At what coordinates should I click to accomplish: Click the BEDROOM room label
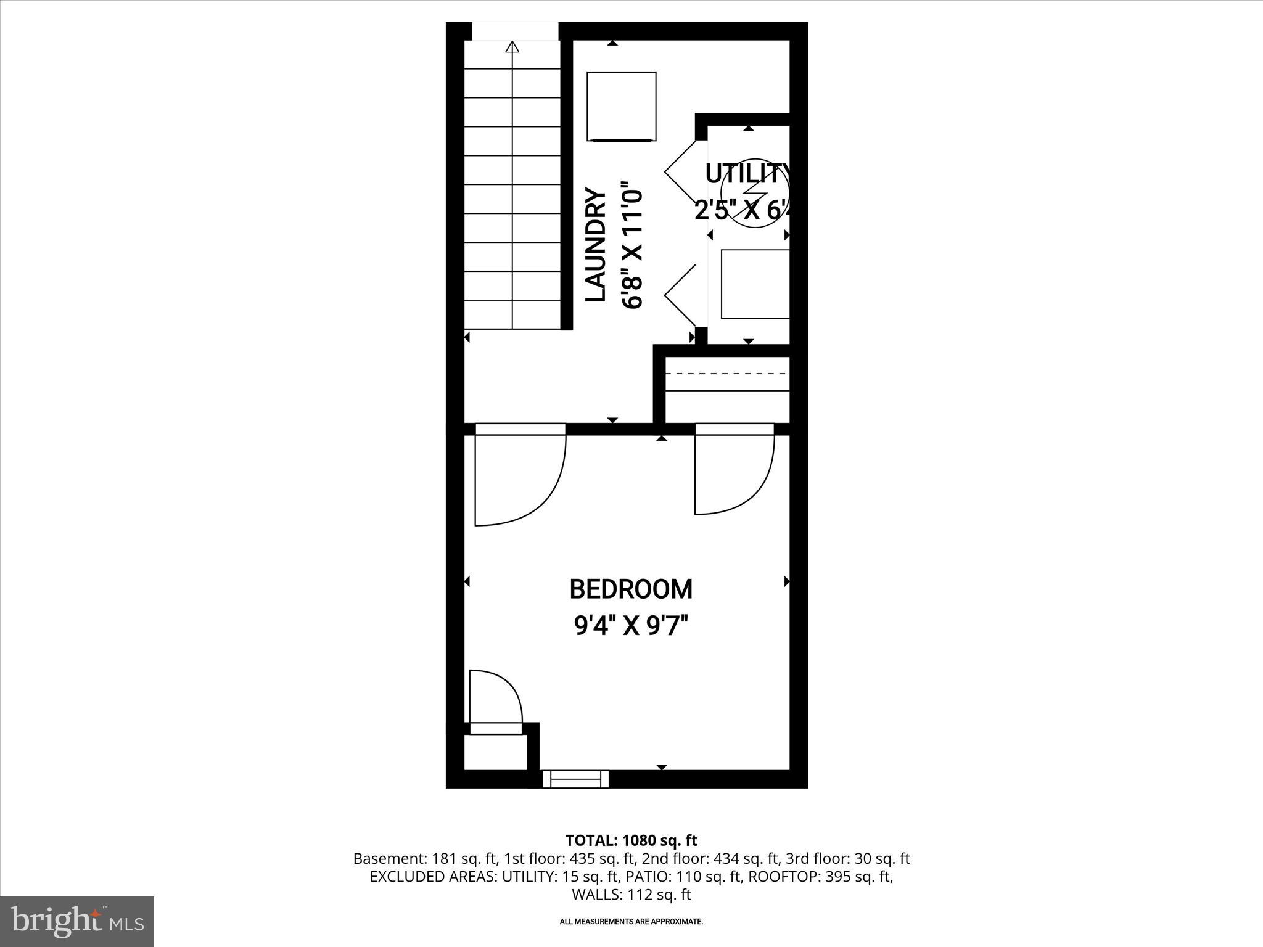(630, 589)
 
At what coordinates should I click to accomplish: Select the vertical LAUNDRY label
(596, 245)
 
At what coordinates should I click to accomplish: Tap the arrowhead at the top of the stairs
(512, 47)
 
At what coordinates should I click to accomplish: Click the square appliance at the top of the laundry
(621, 107)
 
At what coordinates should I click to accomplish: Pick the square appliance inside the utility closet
(755, 284)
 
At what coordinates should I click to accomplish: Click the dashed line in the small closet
(728, 374)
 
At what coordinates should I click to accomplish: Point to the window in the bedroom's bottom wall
(575, 779)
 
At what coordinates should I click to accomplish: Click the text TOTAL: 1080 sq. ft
(631, 840)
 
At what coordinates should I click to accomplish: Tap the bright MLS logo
(77, 922)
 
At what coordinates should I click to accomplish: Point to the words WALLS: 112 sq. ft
(631, 895)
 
